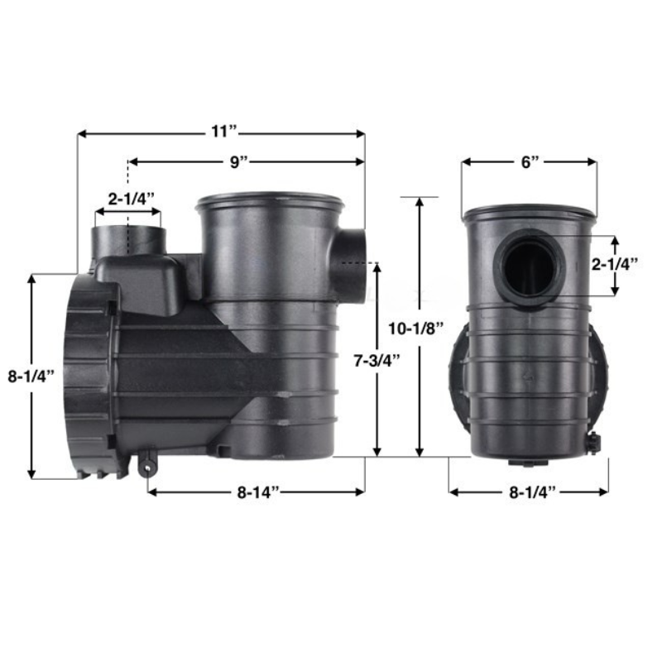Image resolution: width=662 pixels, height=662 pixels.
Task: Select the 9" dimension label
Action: (x=239, y=161)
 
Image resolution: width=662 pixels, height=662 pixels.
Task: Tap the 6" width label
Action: (x=530, y=161)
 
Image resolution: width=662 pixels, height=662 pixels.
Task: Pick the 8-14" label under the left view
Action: (x=257, y=492)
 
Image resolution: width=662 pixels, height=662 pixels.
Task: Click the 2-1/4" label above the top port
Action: (x=130, y=199)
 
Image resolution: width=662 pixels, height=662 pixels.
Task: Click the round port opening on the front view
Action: (x=530, y=270)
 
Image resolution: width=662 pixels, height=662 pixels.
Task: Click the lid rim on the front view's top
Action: (x=530, y=213)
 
